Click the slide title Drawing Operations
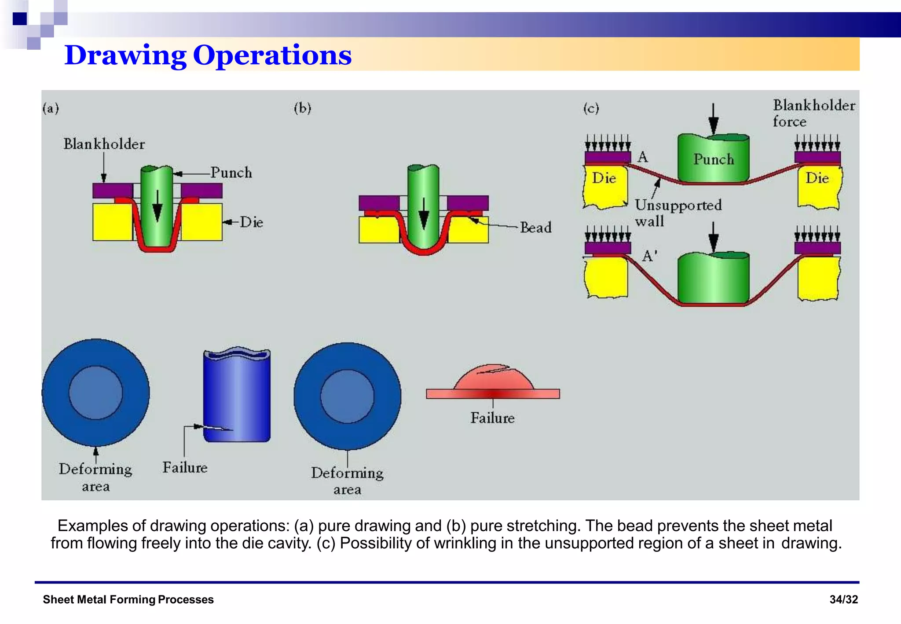click(x=208, y=55)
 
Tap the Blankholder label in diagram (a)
click(x=104, y=144)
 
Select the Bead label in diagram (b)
click(x=535, y=228)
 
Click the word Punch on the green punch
click(x=714, y=159)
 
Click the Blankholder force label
click(x=814, y=113)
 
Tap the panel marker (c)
click(x=591, y=108)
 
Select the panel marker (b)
click(x=302, y=108)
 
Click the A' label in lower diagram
click(x=649, y=256)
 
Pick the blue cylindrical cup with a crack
click(x=237, y=396)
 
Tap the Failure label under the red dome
click(x=492, y=418)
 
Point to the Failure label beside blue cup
click(x=185, y=467)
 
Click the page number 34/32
click(x=843, y=599)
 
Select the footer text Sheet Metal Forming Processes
click(x=128, y=599)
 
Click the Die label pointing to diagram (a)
click(x=251, y=222)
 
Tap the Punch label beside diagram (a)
click(x=231, y=173)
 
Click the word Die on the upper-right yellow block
click(x=817, y=178)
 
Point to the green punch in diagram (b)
click(x=423, y=194)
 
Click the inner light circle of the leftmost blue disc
click(x=95, y=393)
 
